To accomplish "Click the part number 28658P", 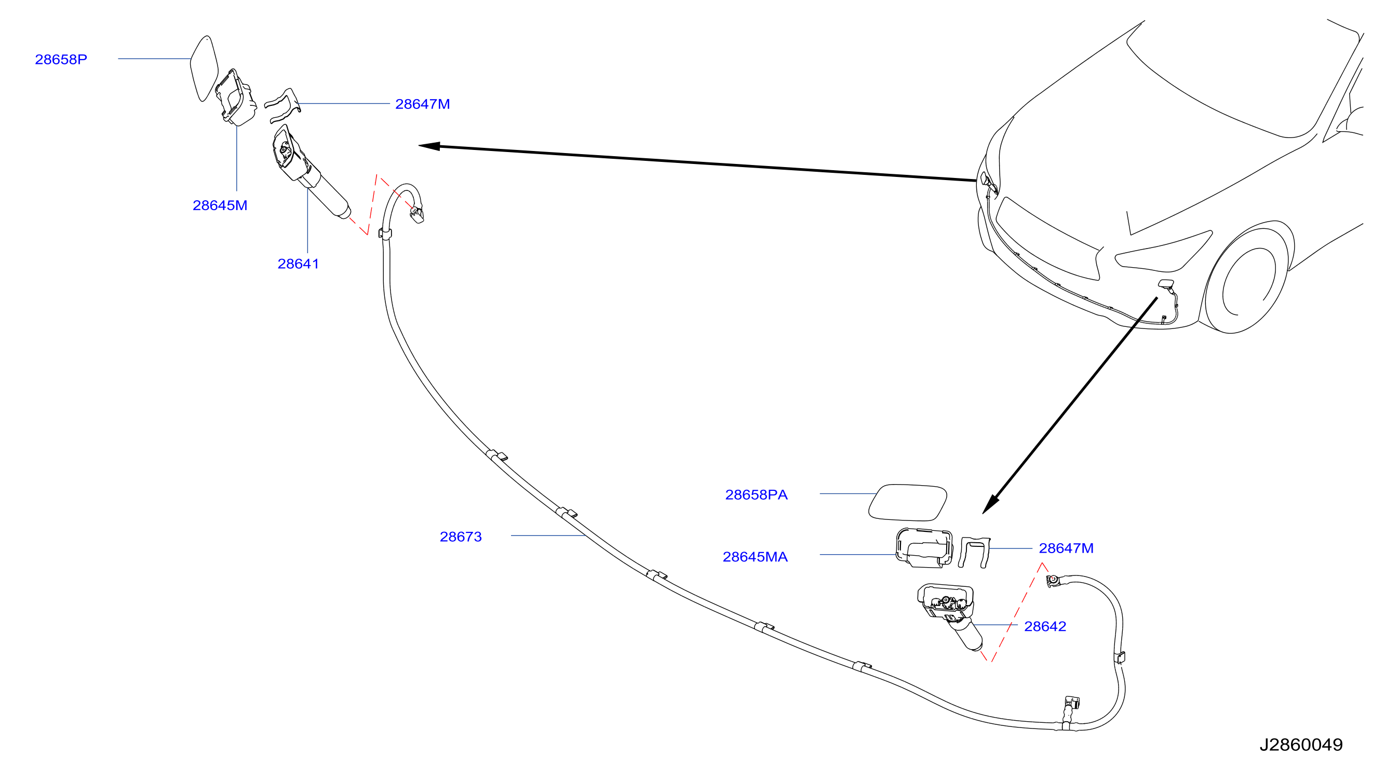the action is point(61,59).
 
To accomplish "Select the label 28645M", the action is point(220,205).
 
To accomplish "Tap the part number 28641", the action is point(298,264).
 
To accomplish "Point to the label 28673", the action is point(461,537).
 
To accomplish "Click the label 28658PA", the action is point(756,495).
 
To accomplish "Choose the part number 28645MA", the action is point(755,557).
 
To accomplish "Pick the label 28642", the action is point(1045,626).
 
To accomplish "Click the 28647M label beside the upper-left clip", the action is point(423,104).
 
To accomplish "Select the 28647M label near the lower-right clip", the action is point(1066,548).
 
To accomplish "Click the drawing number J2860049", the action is point(1301,745).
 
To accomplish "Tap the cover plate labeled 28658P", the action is point(204,68).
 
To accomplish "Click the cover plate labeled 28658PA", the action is point(908,502).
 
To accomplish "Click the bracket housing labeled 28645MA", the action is point(924,547).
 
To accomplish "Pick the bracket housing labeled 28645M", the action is point(236,97).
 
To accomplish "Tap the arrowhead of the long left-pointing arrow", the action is point(429,146).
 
